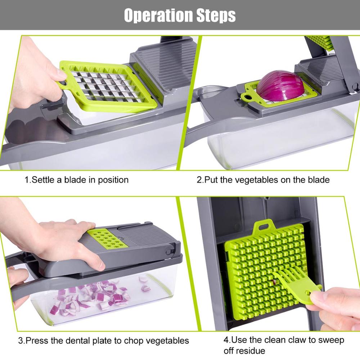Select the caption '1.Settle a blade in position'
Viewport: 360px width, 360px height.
coord(76,179)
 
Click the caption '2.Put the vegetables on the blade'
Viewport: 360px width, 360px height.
coord(263,179)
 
